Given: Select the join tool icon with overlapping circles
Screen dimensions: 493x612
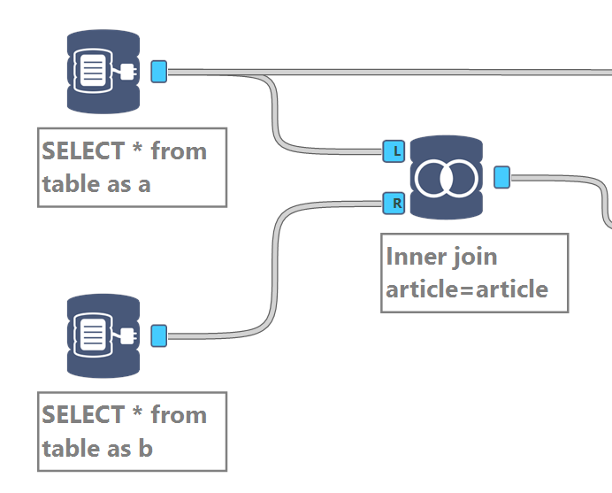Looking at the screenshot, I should (x=447, y=178).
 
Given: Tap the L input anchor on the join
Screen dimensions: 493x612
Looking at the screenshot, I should (x=394, y=151).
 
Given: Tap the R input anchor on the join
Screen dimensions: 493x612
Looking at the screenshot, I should (x=394, y=204).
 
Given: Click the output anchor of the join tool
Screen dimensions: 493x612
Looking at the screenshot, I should (x=501, y=178).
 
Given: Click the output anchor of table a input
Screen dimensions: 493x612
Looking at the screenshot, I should (x=159, y=72).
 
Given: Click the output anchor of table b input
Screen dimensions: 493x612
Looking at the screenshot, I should (x=159, y=335).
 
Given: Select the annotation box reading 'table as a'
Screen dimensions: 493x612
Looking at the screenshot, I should (x=132, y=167).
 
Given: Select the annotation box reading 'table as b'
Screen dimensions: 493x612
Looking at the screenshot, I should (x=132, y=431).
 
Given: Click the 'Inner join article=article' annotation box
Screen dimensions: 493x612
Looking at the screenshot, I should (x=474, y=273).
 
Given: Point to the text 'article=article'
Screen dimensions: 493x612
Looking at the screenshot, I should (x=467, y=289).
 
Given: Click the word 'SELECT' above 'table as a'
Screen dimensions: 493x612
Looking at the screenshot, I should (x=83, y=151).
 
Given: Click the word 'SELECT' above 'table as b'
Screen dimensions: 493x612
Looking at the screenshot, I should (x=83, y=415).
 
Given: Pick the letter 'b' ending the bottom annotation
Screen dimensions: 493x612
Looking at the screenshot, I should (x=146, y=449).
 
